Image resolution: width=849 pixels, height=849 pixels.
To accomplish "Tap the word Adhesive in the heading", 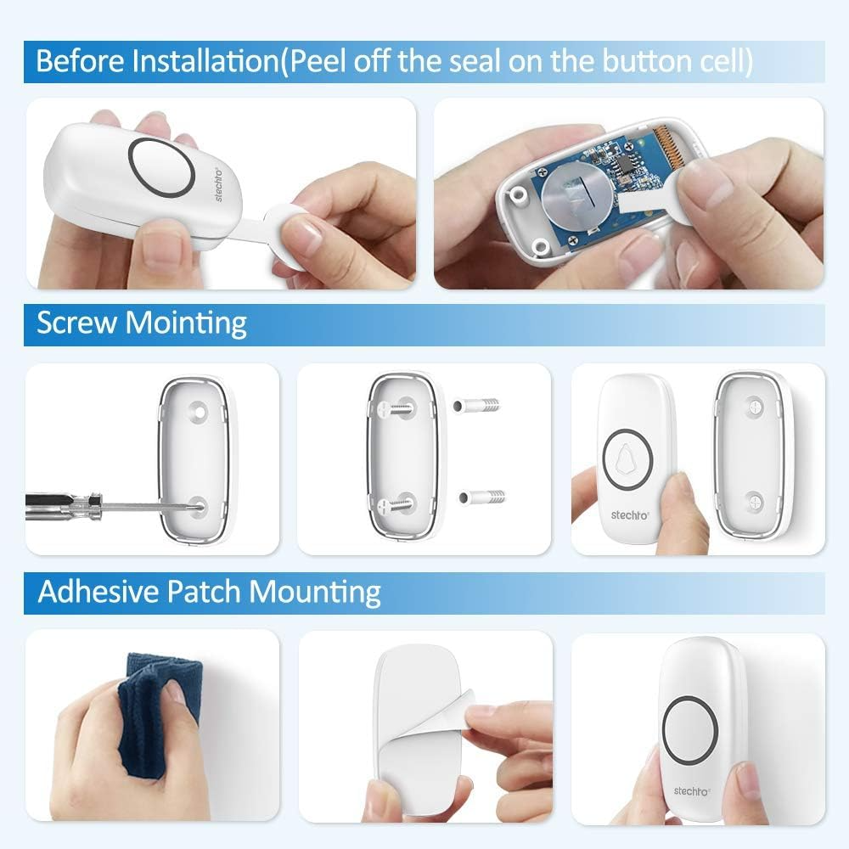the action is pos(98,591).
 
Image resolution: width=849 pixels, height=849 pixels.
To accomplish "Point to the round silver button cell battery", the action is pos(576,194).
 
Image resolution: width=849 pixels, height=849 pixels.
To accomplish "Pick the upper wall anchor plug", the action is pos(476,405).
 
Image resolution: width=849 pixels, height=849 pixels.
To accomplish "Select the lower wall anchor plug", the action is pos(482,497).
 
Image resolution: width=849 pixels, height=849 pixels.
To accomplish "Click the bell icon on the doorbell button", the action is pos(627,459).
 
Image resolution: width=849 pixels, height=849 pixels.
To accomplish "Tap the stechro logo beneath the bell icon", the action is pos(630,515).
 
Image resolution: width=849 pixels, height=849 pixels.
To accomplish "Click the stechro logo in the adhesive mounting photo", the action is pos(691,791).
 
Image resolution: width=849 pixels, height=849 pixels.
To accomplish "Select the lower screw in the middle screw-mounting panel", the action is pos(397,505).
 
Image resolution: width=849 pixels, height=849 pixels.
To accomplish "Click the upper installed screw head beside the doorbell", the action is pos(755,406).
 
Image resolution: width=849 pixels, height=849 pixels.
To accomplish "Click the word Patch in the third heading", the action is pos(204,591).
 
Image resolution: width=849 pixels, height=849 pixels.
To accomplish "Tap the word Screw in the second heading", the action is pos(77,323).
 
